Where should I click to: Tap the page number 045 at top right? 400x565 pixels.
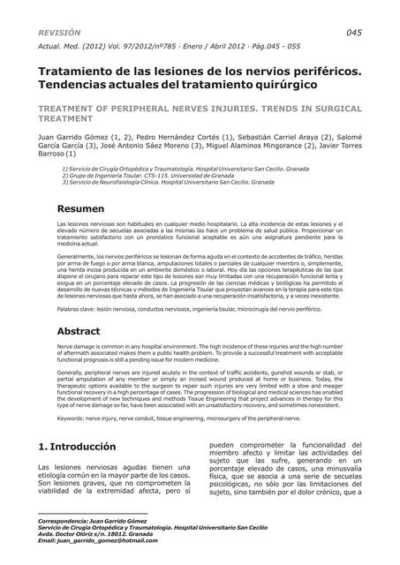[x=353, y=32]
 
